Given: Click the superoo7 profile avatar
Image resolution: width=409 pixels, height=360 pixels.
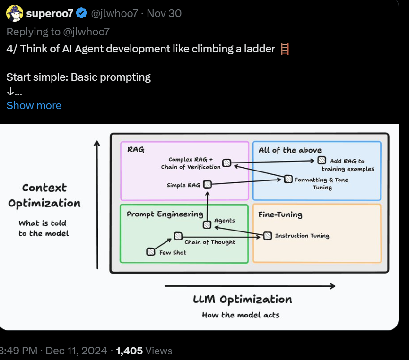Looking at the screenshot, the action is click(15, 13).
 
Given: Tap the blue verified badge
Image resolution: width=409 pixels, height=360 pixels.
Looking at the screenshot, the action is click(81, 13).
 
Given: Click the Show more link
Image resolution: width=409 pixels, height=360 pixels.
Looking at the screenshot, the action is click(34, 105).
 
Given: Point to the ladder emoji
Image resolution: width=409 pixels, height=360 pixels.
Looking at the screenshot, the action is click(285, 49).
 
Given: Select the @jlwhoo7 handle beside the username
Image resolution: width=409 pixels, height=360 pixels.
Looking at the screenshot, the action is click(114, 13).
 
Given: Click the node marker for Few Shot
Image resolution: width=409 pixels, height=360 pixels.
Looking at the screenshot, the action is click(151, 251).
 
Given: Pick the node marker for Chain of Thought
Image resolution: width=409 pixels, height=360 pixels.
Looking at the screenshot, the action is click(178, 236).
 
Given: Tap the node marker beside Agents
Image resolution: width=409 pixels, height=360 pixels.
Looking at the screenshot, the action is click(207, 224).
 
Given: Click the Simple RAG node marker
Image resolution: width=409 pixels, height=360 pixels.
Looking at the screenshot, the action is click(208, 184).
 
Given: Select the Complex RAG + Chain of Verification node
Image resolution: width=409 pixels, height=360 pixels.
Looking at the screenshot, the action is click(226, 163).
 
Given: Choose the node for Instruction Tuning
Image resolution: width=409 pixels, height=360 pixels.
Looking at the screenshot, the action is click(268, 236).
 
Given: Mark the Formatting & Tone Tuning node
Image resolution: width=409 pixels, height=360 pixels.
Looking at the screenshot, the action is click(288, 179).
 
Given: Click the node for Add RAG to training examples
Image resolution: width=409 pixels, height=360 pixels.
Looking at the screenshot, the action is click(322, 160).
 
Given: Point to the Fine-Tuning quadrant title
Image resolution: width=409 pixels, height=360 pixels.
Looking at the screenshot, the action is click(280, 214).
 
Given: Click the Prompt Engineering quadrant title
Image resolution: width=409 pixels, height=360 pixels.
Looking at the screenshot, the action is click(165, 214).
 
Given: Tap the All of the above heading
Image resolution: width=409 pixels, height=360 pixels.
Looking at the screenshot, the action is click(290, 150).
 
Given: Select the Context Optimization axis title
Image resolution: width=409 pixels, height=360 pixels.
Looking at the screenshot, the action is click(44, 196).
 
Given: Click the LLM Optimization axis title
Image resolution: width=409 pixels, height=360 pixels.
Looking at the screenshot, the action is click(243, 299).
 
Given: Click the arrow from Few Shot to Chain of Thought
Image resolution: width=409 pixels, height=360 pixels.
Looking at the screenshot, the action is click(163, 244).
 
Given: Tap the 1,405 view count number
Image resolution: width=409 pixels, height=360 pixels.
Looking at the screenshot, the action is click(130, 351).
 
